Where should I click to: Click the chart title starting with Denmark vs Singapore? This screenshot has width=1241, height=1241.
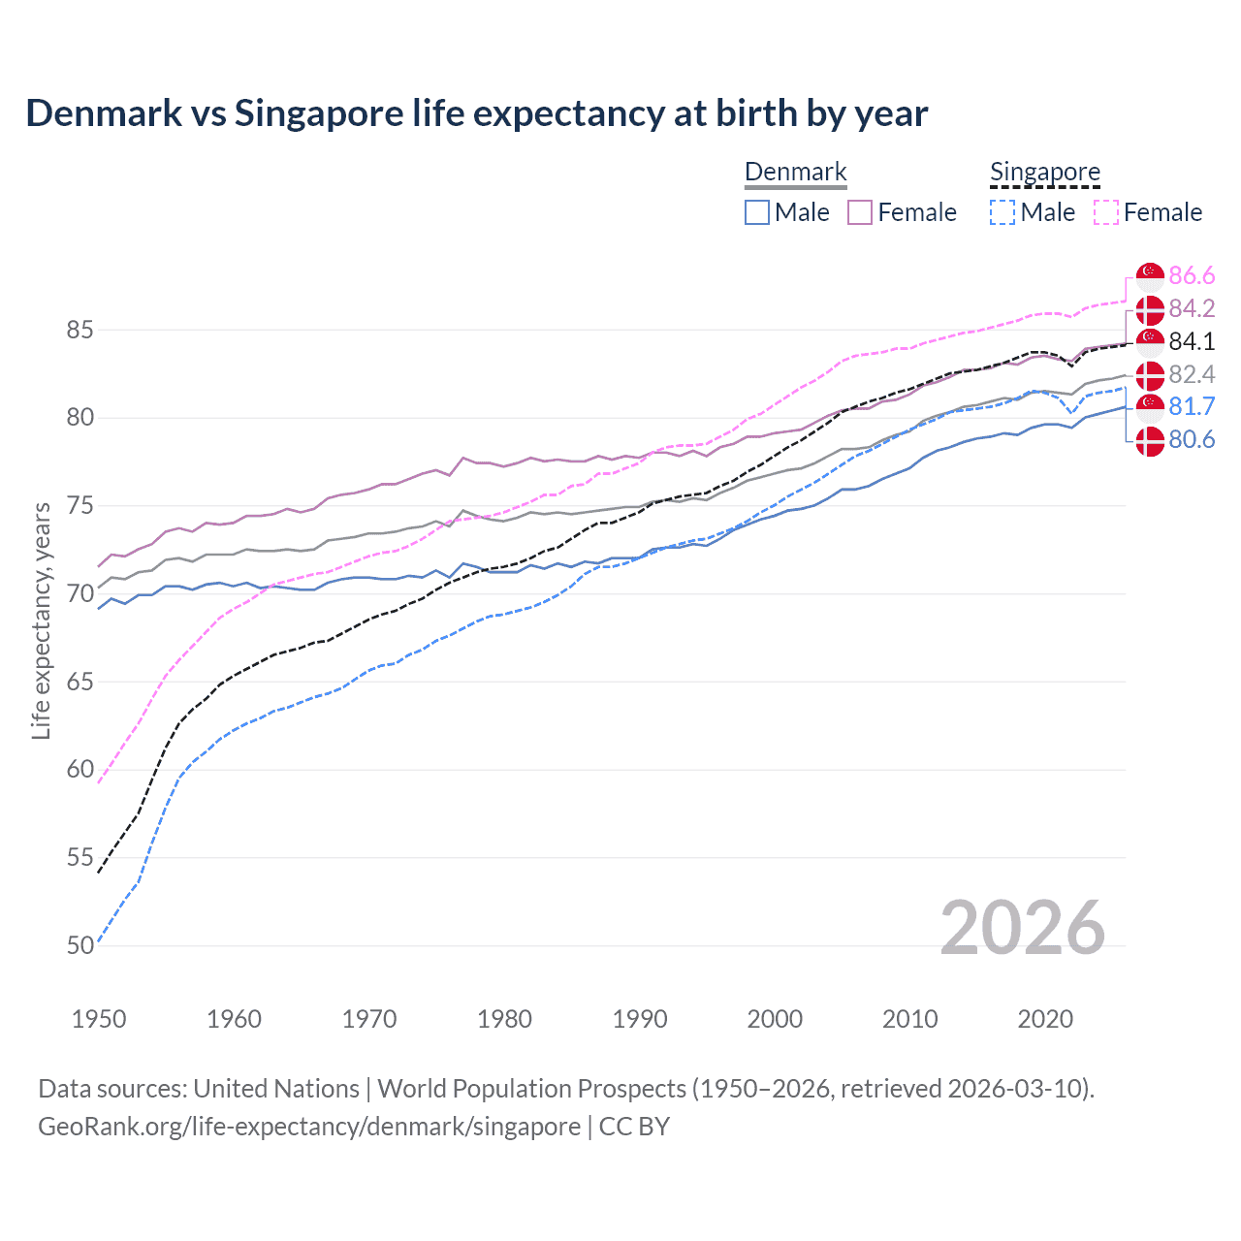(476, 113)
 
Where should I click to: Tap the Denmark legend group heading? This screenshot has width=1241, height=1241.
(795, 172)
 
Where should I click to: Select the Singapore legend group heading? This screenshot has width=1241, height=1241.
(1044, 172)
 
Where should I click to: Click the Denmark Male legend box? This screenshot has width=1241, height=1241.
(757, 212)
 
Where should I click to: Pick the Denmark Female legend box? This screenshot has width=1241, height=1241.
(860, 212)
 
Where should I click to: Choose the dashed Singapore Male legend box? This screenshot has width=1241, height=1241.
(1002, 212)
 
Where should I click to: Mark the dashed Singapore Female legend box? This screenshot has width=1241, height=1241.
(1106, 212)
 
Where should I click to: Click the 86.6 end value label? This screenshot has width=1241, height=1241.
(1192, 276)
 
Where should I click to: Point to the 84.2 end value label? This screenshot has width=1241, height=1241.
(1192, 308)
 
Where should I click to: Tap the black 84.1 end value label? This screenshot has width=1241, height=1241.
(1192, 341)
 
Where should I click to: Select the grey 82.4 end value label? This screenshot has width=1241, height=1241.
(1192, 374)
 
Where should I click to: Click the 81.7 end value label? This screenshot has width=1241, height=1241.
(1192, 406)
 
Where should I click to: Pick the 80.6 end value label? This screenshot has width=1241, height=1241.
(1192, 440)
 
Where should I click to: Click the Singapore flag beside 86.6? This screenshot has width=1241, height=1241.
(1150, 276)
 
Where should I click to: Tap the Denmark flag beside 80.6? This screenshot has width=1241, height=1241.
(1150, 440)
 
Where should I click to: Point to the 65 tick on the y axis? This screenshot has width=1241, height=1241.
(80, 682)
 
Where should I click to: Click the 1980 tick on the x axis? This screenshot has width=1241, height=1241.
(504, 1019)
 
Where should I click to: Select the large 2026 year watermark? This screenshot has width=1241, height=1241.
(1022, 928)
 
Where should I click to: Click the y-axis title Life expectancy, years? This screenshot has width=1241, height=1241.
(42, 620)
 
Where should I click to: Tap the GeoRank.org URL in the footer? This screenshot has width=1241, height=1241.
(309, 1127)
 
